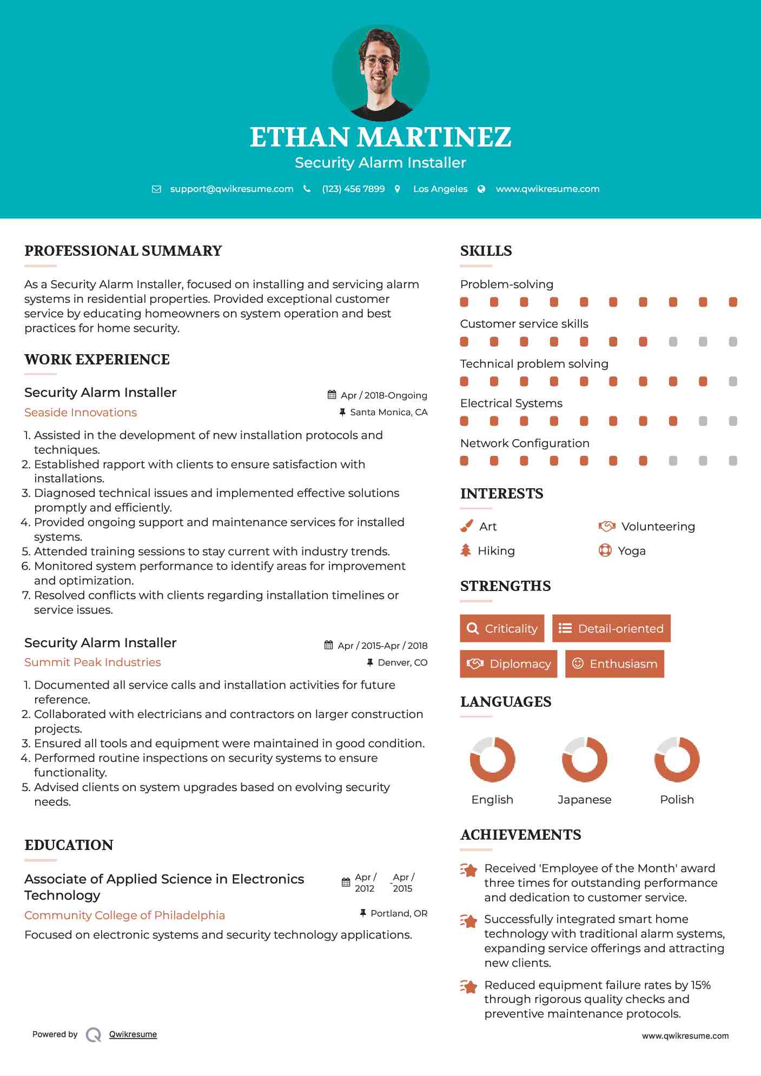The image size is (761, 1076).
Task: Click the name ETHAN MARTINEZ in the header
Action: point(380,137)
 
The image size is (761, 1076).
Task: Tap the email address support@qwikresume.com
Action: point(231,189)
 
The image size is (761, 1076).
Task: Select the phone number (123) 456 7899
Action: point(353,189)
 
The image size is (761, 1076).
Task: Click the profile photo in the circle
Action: point(380,72)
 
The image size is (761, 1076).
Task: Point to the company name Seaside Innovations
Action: point(81,413)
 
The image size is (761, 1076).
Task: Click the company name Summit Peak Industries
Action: point(92,662)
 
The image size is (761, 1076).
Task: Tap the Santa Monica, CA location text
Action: point(388,412)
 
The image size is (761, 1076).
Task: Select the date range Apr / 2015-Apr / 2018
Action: point(382,646)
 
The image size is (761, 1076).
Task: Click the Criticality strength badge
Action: point(502,628)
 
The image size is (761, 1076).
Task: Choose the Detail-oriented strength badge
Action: point(611,628)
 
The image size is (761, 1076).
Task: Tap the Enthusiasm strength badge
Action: point(614,663)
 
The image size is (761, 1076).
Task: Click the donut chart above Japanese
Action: point(584,759)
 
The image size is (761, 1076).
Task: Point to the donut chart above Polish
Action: point(677,759)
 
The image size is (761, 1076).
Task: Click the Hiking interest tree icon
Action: point(466,550)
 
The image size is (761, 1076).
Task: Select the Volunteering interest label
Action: point(658,527)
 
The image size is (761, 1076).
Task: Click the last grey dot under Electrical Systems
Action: point(733,421)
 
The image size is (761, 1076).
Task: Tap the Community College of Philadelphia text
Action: point(124,915)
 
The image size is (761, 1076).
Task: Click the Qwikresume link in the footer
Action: point(133,1034)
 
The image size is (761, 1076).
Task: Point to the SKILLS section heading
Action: point(486,251)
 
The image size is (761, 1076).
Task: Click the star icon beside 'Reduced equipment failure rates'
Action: point(469,987)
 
